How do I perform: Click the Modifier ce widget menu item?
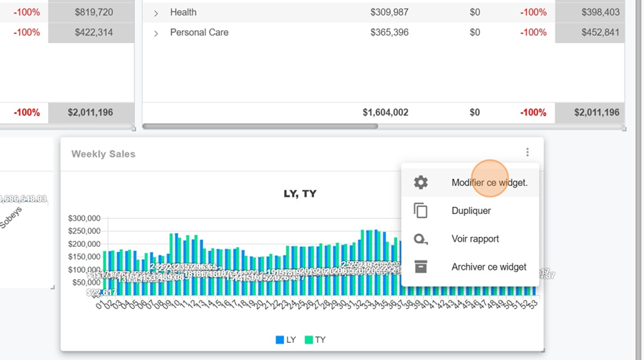489,183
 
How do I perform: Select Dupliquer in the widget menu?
471,210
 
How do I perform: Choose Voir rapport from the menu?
475,238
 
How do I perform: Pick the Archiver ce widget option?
489,267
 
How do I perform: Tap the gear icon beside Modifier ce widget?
421,183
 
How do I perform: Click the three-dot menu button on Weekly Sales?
527,152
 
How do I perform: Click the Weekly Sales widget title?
103,154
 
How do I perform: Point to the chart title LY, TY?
301,193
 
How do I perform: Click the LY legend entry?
286,340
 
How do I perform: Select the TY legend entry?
315,340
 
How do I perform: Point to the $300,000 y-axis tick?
84,218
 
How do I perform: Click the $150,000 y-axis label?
84,257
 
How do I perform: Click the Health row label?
183,12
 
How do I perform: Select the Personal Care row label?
199,32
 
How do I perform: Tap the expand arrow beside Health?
156,13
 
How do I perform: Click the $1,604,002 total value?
385,112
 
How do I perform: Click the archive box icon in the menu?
421,267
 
